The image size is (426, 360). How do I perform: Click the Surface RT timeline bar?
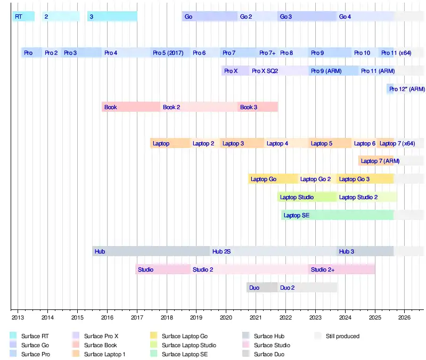(23, 17)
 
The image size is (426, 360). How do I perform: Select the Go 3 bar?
(307, 17)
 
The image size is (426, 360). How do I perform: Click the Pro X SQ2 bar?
(278, 70)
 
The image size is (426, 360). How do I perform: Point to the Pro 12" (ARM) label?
(407, 89)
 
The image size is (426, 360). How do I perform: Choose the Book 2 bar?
(199, 107)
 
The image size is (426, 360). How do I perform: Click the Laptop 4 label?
(277, 143)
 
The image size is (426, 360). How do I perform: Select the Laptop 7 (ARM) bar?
(376, 161)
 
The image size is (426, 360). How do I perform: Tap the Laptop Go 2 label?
(315, 179)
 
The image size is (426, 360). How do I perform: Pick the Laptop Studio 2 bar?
(367, 197)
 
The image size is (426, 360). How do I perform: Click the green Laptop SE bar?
(337, 215)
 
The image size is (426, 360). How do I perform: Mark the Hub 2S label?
(221, 251)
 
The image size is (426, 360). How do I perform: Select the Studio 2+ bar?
(341, 269)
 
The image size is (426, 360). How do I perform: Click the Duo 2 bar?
(307, 288)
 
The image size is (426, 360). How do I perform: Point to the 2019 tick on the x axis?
(196, 309)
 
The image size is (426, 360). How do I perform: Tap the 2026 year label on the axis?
(404, 318)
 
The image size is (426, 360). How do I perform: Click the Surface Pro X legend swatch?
(76, 336)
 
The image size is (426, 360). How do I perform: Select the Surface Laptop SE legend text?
(184, 354)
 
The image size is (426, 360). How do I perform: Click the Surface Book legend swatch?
(76, 345)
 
